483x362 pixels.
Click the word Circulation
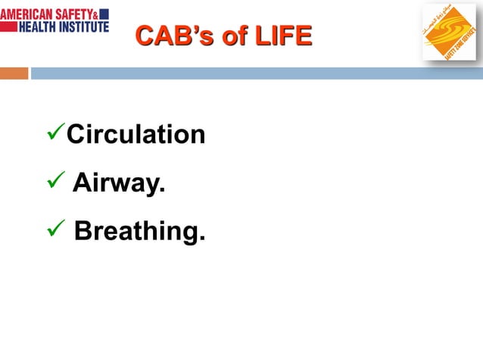pyautogui.click(x=136, y=134)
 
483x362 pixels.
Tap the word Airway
pyautogui.click(x=118, y=183)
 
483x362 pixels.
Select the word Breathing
pyautogui.click(x=139, y=231)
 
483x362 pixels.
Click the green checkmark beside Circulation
pyautogui.click(x=55, y=133)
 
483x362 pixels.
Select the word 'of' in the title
pyautogui.click(x=234, y=36)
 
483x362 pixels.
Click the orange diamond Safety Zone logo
pyautogui.click(x=448, y=32)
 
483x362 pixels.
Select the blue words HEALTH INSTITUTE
pyautogui.click(x=64, y=26)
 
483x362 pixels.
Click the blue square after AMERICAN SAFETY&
pyautogui.click(x=104, y=14)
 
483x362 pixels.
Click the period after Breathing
pyautogui.click(x=201, y=240)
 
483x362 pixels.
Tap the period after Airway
pyautogui.click(x=162, y=192)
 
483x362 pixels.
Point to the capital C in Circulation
pyautogui.click(x=76, y=134)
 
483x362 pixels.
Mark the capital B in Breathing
pyautogui.click(x=83, y=231)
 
